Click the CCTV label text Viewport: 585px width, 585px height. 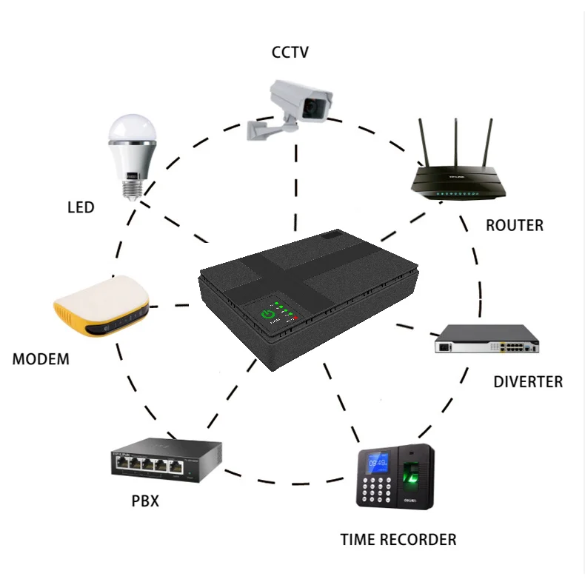[290, 53]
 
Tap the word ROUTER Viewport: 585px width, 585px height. [514, 225]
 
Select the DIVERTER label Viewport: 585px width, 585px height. [528, 382]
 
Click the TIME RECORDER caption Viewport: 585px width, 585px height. [398, 539]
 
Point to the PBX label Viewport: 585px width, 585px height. [145, 501]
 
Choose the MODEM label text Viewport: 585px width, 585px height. [41, 360]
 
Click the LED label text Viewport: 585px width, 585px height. [81, 207]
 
